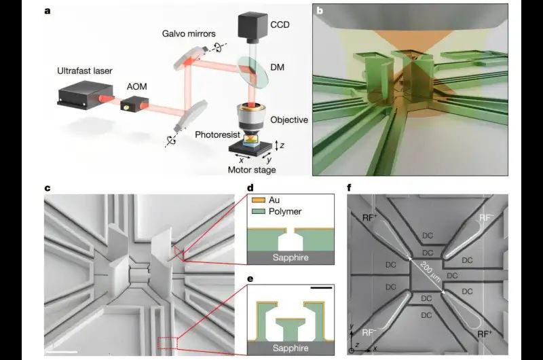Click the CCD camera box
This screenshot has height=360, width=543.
252,24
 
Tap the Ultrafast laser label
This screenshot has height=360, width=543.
85,71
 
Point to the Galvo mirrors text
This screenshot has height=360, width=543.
189,33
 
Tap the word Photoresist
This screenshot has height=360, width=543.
217,134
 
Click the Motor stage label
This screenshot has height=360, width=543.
252,170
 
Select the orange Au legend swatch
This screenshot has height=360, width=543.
258,200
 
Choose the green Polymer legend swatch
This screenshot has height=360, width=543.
258,211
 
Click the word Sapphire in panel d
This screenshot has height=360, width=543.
291,258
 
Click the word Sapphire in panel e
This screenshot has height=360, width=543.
291,348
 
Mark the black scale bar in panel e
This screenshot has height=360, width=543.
321,287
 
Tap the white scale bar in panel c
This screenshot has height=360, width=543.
61,352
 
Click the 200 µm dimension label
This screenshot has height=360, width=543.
430,272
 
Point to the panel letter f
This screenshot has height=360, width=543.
349,187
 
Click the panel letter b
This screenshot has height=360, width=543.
320,10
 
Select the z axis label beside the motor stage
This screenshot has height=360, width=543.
282,145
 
